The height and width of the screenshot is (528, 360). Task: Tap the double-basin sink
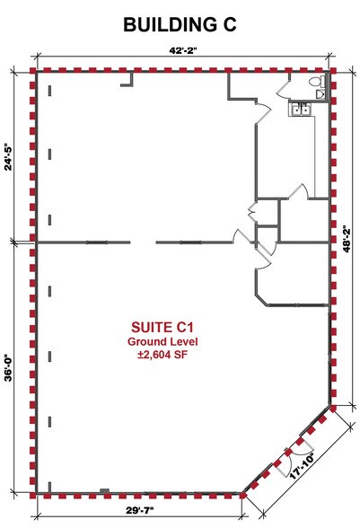click(x=300, y=110)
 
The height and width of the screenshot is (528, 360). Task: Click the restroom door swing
click(x=282, y=88)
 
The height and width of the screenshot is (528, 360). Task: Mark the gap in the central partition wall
click(x=144, y=242)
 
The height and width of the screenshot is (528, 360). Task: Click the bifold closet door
click(x=252, y=212)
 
